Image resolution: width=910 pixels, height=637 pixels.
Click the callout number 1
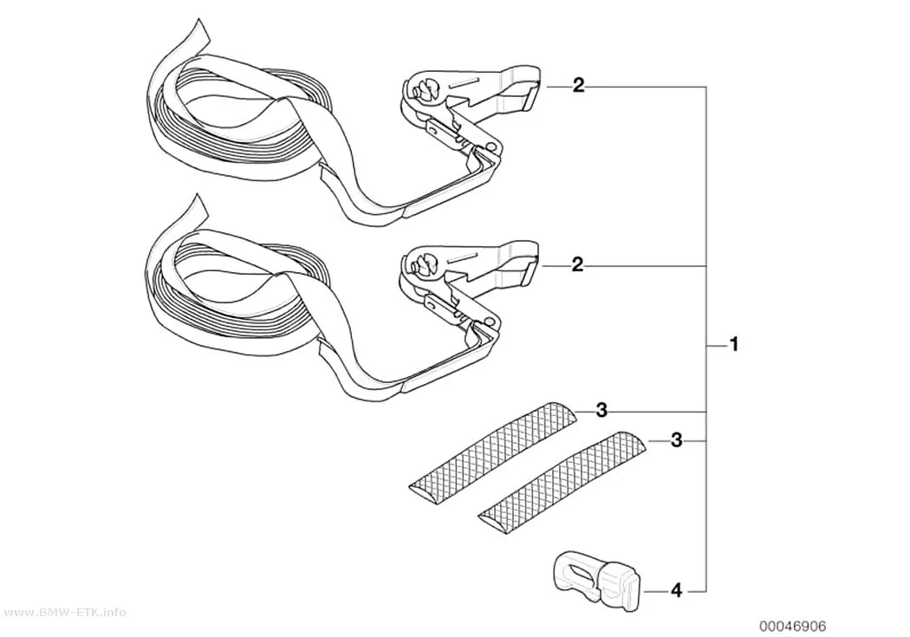coord(733,345)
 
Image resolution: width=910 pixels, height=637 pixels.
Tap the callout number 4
coord(676,591)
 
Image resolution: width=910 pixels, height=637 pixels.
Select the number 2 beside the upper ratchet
coord(579,86)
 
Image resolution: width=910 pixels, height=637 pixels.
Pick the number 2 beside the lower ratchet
coord(577,264)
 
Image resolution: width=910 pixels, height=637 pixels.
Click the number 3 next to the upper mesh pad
coord(601,411)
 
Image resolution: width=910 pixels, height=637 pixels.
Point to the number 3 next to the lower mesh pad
coord(676,440)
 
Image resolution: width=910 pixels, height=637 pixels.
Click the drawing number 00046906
coord(793,626)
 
